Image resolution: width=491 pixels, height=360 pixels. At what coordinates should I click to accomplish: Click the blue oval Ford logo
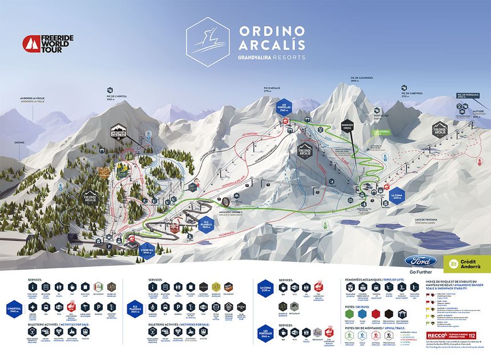click(421, 260)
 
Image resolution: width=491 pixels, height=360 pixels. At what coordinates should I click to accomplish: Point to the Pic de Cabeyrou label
click(411, 92)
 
